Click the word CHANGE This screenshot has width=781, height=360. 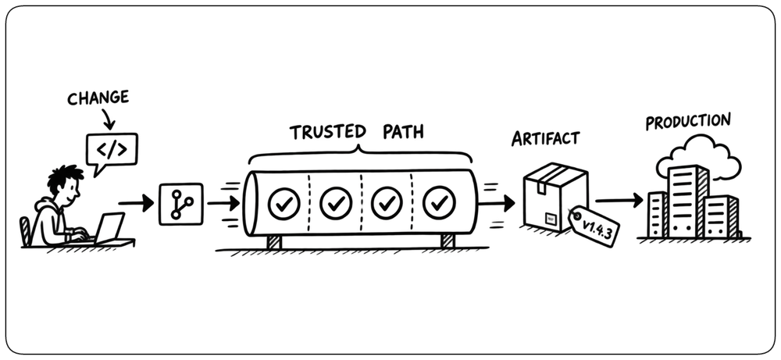click(x=98, y=98)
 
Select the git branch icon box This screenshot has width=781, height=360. click(x=181, y=204)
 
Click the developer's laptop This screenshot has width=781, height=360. click(x=108, y=228)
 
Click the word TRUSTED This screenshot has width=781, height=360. click(x=328, y=133)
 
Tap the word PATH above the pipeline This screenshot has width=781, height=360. click(x=404, y=133)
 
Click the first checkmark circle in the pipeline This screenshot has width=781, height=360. click(x=284, y=204)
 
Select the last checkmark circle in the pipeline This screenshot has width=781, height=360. click(x=439, y=203)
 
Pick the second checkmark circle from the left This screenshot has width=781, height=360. click(x=336, y=203)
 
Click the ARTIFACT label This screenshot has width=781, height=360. click(x=545, y=138)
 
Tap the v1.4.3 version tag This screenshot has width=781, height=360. click(x=594, y=226)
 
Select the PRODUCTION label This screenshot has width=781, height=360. click(x=688, y=121)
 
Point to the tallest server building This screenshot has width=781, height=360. click(x=688, y=201)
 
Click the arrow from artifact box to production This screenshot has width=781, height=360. click(x=619, y=201)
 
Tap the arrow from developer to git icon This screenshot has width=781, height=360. click(x=136, y=204)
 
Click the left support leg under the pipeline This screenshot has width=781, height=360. click(x=273, y=241)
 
